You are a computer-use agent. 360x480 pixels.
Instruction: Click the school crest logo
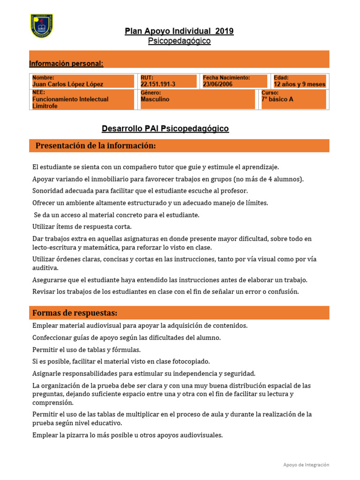(41, 26)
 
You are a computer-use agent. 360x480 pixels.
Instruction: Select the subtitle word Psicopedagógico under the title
(179, 41)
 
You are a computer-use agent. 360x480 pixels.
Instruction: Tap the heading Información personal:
(66, 63)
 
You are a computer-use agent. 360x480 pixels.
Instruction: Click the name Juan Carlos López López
(67, 84)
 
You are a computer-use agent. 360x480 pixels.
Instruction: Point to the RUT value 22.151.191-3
(158, 84)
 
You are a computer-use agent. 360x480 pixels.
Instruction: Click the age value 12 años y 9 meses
(299, 84)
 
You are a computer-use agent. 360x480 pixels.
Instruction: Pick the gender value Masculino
(155, 99)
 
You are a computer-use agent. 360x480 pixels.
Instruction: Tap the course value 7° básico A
(277, 99)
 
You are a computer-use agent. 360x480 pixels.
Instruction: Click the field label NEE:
(38, 93)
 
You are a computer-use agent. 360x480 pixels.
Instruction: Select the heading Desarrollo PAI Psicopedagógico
(165, 128)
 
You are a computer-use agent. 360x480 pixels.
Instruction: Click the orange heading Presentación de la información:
(96, 146)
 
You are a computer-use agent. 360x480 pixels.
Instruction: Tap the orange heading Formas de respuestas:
(75, 313)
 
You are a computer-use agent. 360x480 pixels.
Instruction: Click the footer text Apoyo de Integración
(306, 465)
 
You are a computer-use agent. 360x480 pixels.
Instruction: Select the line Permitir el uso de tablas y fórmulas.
(86, 350)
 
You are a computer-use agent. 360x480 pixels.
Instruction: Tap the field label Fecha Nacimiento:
(226, 78)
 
